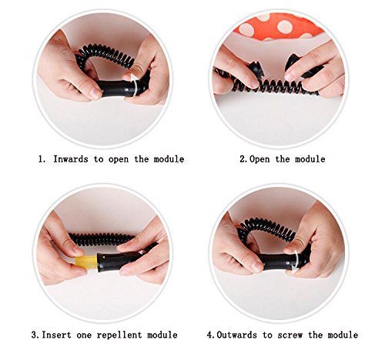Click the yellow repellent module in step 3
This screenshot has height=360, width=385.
[x=86, y=262]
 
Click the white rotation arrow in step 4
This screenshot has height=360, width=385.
[x=296, y=262]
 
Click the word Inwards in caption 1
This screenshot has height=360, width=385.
[x=71, y=159]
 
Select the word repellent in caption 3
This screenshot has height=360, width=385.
[x=119, y=335]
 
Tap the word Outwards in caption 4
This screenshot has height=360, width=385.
[x=236, y=335]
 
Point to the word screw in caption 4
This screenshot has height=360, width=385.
[x=290, y=335]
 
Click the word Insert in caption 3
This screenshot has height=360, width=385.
[x=56, y=335]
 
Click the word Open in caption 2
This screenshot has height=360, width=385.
[x=259, y=159]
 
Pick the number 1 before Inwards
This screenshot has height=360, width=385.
[x=41, y=159]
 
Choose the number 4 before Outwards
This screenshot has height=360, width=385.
[x=210, y=335]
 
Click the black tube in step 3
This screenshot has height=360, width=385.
[x=123, y=258]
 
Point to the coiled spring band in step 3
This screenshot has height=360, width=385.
[x=102, y=239]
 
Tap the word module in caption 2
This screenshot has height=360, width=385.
[x=310, y=159]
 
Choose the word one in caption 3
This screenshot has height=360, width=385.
[x=84, y=335]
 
